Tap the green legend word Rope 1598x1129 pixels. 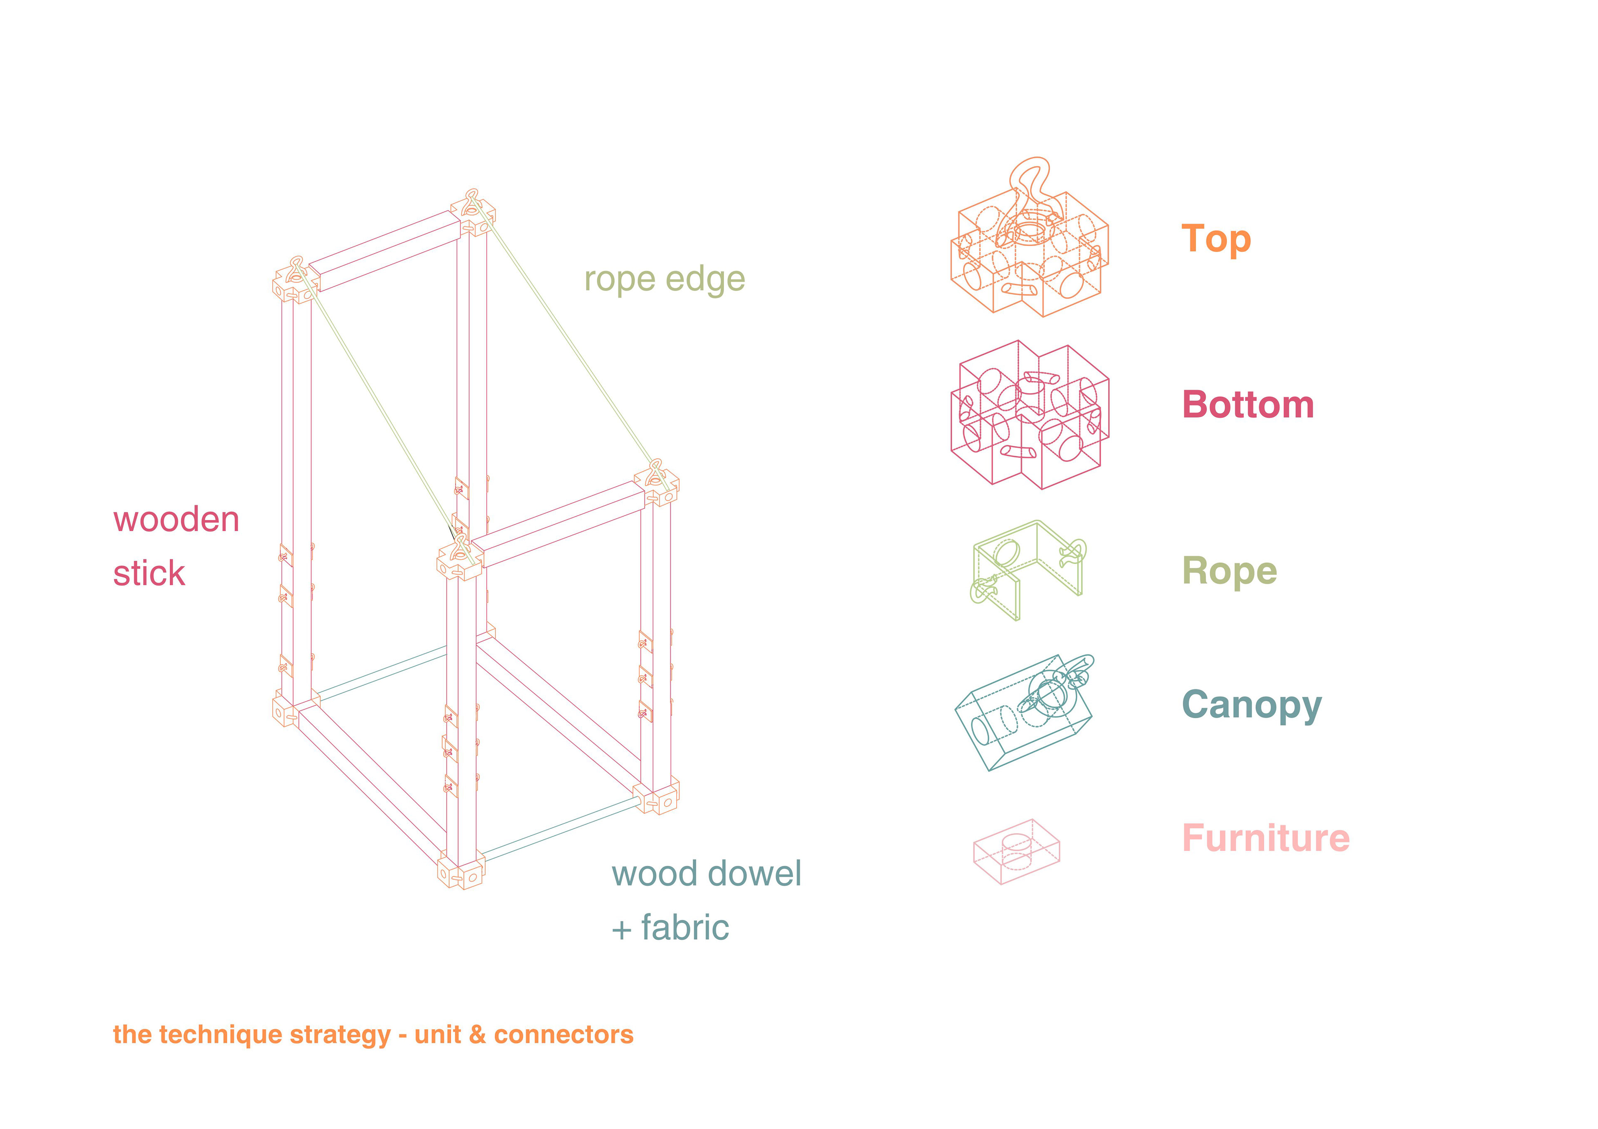[1229, 572]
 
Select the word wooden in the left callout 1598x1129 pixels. [176, 520]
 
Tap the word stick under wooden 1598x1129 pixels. [149, 574]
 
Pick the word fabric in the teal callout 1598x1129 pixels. [685, 928]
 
